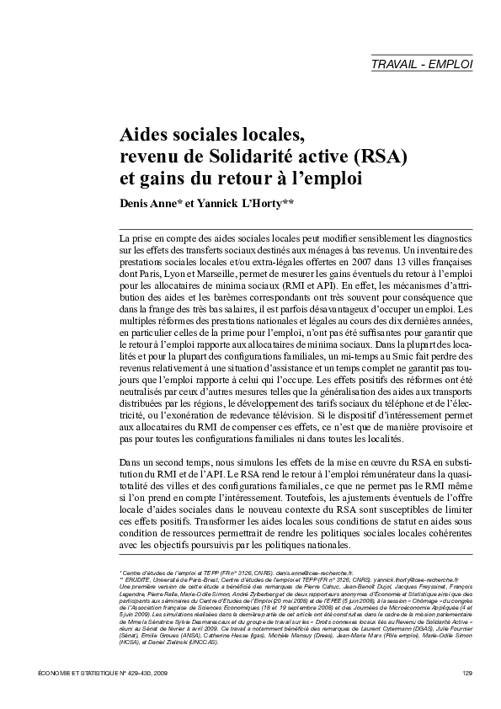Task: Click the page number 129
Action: (466, 671)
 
